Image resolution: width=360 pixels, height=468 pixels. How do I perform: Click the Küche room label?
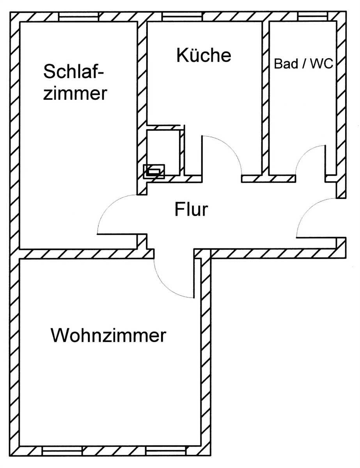204,55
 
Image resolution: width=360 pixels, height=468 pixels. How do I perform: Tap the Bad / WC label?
303,64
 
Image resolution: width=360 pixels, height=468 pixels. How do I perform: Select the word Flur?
191,209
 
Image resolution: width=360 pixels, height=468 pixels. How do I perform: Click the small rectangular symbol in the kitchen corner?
154,171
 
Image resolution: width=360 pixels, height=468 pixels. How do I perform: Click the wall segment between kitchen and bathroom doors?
268,179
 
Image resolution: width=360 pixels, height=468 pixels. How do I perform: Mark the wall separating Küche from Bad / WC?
265,97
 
